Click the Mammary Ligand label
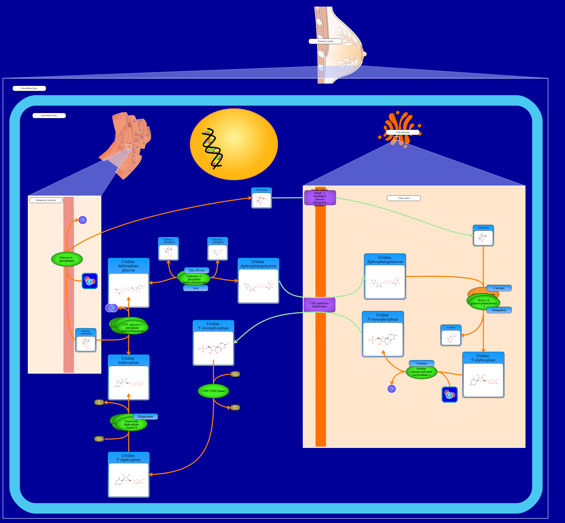(x=325, y=41)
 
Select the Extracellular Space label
(x=29, y=88)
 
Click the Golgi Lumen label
(x=404, y=198)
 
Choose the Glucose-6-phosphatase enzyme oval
(x=67, y=259)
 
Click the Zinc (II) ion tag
(x=196, y=270)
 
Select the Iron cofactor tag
(x=196, y=288)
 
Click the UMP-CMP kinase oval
(x=213, y=391)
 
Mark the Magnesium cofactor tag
(x=145, y=417)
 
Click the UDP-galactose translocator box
(x=319, y=305)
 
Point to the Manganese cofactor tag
(x=499, y=310)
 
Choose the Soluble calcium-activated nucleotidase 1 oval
(x=421, y=372)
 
